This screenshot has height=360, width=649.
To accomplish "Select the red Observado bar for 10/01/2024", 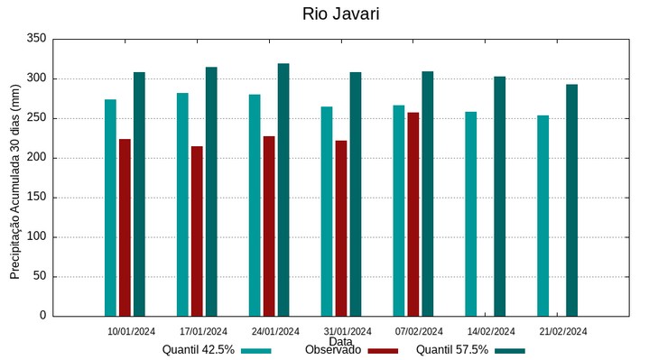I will click(125, 227).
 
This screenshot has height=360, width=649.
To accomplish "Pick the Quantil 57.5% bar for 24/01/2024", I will click(283, 189).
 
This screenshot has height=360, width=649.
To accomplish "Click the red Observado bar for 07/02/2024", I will click(413, 214).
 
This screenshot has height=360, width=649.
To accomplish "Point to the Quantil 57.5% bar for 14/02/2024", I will click(499, 196).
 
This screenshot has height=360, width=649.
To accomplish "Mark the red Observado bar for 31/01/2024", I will click(341, 228).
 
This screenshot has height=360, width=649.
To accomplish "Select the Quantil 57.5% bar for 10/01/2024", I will click(139, 194).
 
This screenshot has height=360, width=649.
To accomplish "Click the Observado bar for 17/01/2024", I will click(197, 231).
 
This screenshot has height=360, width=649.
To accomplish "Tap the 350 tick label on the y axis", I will click(36, 39).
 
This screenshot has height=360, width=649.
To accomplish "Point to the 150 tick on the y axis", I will click(36, 198).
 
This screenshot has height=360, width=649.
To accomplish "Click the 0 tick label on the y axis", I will click(42, 316).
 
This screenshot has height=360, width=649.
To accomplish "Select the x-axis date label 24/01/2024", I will click(275, 331).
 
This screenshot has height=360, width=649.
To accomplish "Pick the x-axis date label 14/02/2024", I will click(491, 331).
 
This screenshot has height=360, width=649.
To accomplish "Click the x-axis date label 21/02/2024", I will click(563, 331).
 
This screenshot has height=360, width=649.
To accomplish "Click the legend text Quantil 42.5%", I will click(199, 350).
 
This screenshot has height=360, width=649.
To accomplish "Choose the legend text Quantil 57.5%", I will click(452, 350).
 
